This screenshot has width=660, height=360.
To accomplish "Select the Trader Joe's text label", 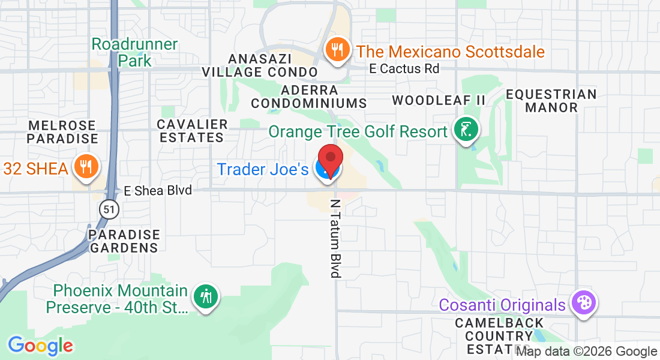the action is click(x=263, y=169).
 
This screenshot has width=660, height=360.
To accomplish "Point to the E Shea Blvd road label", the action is click(x=158, y=191).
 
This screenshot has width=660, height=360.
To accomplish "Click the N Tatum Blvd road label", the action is click(x=335, y=238).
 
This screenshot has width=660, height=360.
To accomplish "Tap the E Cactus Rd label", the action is click(x=404, y=68).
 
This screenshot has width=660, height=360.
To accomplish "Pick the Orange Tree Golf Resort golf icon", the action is click(x=466, y=130).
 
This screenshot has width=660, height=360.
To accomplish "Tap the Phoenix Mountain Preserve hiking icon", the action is click(x=205, y=296).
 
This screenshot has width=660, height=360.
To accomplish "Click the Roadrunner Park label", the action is click(x=135, y=52).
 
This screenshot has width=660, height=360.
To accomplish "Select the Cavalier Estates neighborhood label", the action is click(x=192, y=131).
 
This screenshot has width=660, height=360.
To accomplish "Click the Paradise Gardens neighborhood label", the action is click(x=124, y=241).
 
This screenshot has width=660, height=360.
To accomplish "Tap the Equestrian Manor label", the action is click(x=551, y=101).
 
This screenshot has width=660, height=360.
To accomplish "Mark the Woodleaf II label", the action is click(x=439, y=100).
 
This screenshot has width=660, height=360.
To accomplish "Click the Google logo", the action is click(x=40, y=346).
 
